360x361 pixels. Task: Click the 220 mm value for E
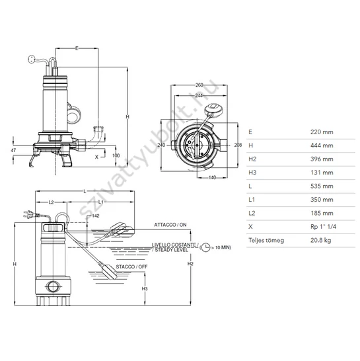coord(322,132)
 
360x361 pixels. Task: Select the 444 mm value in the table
coord(322,145)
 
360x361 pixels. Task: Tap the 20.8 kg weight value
coord(320,241)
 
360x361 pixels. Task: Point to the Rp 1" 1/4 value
coord(323,227)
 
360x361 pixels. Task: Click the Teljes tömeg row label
coord(266,241)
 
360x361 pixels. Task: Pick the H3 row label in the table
coord(252,173)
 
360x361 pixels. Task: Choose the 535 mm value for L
coord(322,186)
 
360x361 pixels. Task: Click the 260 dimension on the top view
coord(199,85)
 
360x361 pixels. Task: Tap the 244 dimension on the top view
coord(199,95)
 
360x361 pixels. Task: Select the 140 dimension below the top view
coord(212,177)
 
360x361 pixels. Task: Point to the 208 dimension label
coord(238,145)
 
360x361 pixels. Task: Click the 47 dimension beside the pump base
coord(13,150)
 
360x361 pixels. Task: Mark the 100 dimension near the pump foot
coord(116,155)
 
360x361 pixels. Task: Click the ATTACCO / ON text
coord(170,225)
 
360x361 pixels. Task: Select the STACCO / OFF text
coord(131,267)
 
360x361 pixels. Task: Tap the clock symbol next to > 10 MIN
coord(205,247)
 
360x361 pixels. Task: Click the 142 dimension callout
coord(96,216)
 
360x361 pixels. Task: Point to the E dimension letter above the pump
coord(77,48)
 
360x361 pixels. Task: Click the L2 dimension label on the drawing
coord(51,202)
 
